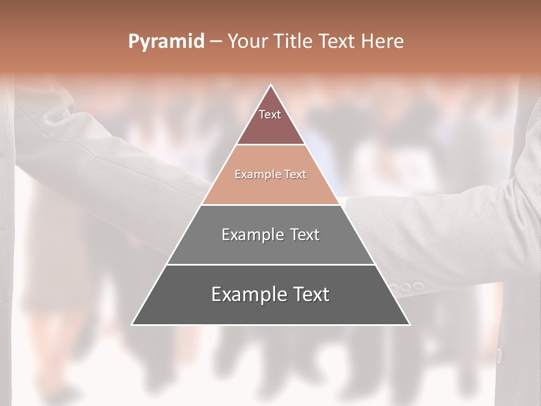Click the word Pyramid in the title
[166, 42]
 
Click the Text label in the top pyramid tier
[270, 114]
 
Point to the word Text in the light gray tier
[305, 235]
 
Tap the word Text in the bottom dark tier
[311, 294]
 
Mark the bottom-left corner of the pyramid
[132, 325]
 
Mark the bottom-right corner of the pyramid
[410, 325]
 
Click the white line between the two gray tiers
[271, 264]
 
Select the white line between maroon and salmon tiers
[271, 145]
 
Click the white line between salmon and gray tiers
[271, 205]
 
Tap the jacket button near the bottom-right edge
[499, 355]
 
